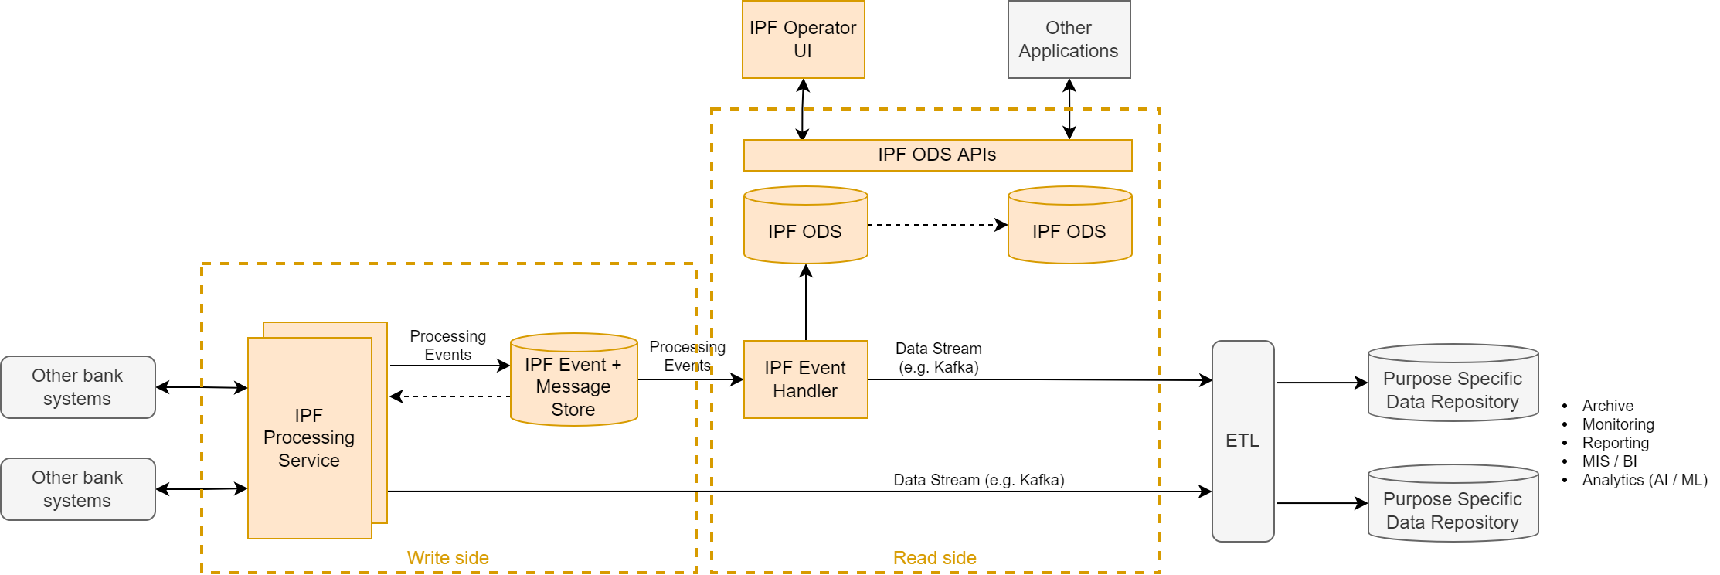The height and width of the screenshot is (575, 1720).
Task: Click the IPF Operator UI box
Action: pyautogui.click(x=803, y=39)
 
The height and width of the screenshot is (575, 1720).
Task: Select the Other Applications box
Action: pyautogui.click(x=1069, y=39)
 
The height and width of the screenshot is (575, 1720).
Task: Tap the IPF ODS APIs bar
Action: pyautogui.click(x=937, y=155)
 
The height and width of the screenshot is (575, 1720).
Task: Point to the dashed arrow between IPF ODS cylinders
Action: pyautogui.click(x=937, y=225)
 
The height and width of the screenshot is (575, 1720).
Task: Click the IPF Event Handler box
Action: pyautogui.click(x=805, y=379)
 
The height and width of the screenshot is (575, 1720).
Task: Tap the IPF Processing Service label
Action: pyautogui.click(x=309, y=437)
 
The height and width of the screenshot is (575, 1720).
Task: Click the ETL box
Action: pyautogui.click(x=1242, y=441)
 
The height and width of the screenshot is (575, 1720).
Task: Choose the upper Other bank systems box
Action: pyautogui.click(x=77, y=387)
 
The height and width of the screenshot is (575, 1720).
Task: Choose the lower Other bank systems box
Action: pyautogui.click(x=77, y=489)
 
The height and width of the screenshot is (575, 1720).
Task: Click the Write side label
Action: pyautogui.click(x=447, y=558)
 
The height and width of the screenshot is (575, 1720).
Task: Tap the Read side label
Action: pyautogui.click(x=934, y=558)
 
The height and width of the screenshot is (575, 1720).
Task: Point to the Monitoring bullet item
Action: pyautogui.click(x=1617, y=424)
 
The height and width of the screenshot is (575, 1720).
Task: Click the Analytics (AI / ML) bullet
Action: pyautogui.click(x=1644, y=480)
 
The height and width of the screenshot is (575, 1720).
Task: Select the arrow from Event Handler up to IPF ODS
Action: pyautogui.click(x=806, y=303)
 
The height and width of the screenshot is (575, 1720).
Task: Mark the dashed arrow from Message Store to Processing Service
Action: pyautogui.click(x=450, y=396)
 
